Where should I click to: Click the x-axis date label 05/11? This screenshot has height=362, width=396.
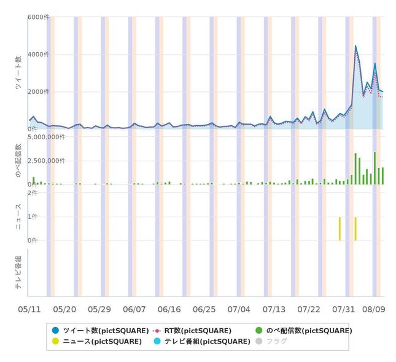[30, 309]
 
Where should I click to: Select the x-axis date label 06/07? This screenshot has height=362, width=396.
[134, 309]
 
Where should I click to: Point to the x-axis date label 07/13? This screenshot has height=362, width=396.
[274, 309]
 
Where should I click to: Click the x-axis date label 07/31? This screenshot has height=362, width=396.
[344, 309]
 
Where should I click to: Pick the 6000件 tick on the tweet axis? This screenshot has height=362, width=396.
[38, 17]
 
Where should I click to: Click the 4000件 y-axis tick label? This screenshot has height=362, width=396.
[38, 55]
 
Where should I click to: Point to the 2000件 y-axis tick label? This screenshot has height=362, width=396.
[38, 92]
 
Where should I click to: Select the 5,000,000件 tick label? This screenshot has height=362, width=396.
[47, 137]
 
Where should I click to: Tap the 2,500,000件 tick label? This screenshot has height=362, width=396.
[47, 161]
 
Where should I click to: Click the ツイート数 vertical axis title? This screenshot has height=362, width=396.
[18, 74]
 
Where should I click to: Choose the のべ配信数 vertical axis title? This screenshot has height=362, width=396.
[18, 161]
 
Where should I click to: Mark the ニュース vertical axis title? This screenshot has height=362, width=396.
[18, 217]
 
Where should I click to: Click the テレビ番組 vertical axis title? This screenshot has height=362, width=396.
[18, 271]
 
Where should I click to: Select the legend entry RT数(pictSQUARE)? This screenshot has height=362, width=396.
[192, 331]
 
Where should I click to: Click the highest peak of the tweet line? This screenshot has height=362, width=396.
[355, 46]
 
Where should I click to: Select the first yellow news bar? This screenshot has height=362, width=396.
[340, 228]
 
